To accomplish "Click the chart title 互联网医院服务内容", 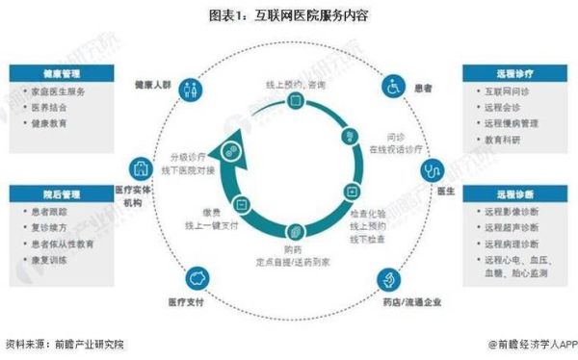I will pyautogui.click(x=288, y=16).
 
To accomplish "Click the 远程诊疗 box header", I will pyautogui.click(x=511, y=73).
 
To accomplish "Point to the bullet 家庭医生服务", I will pyautogui.click(x=59, y=91).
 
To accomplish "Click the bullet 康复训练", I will pyautogui.click(x=49, y=261).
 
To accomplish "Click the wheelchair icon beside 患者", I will pyautogui.click(x=393, y=87).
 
